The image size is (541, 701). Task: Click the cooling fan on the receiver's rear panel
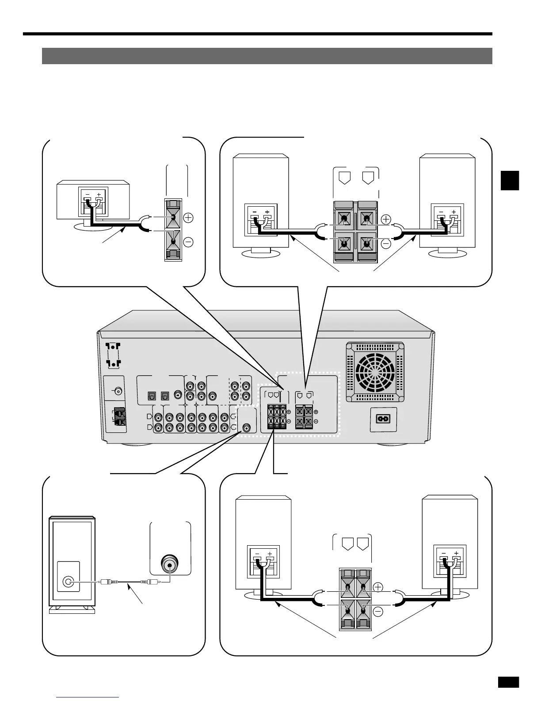tap(375, 371)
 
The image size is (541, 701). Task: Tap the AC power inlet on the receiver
tap(383, 418)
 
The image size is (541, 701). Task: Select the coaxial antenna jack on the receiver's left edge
tap(118, 391)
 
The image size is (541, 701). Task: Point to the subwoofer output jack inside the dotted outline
tap(247, 428)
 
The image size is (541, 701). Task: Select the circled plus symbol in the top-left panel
tap(188, 218)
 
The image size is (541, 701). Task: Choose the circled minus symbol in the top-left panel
tap(188, 242)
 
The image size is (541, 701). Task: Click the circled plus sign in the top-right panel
tap(386, 219)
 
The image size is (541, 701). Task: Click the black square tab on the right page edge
tap(510, 180)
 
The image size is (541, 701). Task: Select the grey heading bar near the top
tap(267, 56)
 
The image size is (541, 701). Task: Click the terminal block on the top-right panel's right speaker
tap(447, 220)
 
